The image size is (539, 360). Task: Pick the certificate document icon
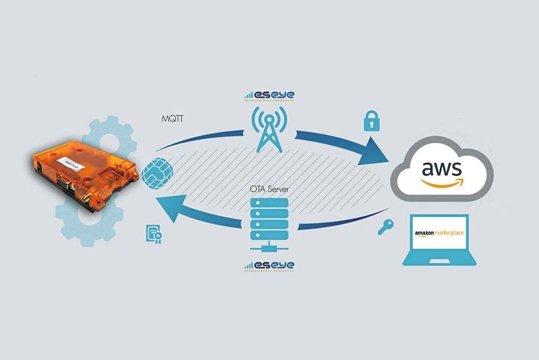pos(153,233)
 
